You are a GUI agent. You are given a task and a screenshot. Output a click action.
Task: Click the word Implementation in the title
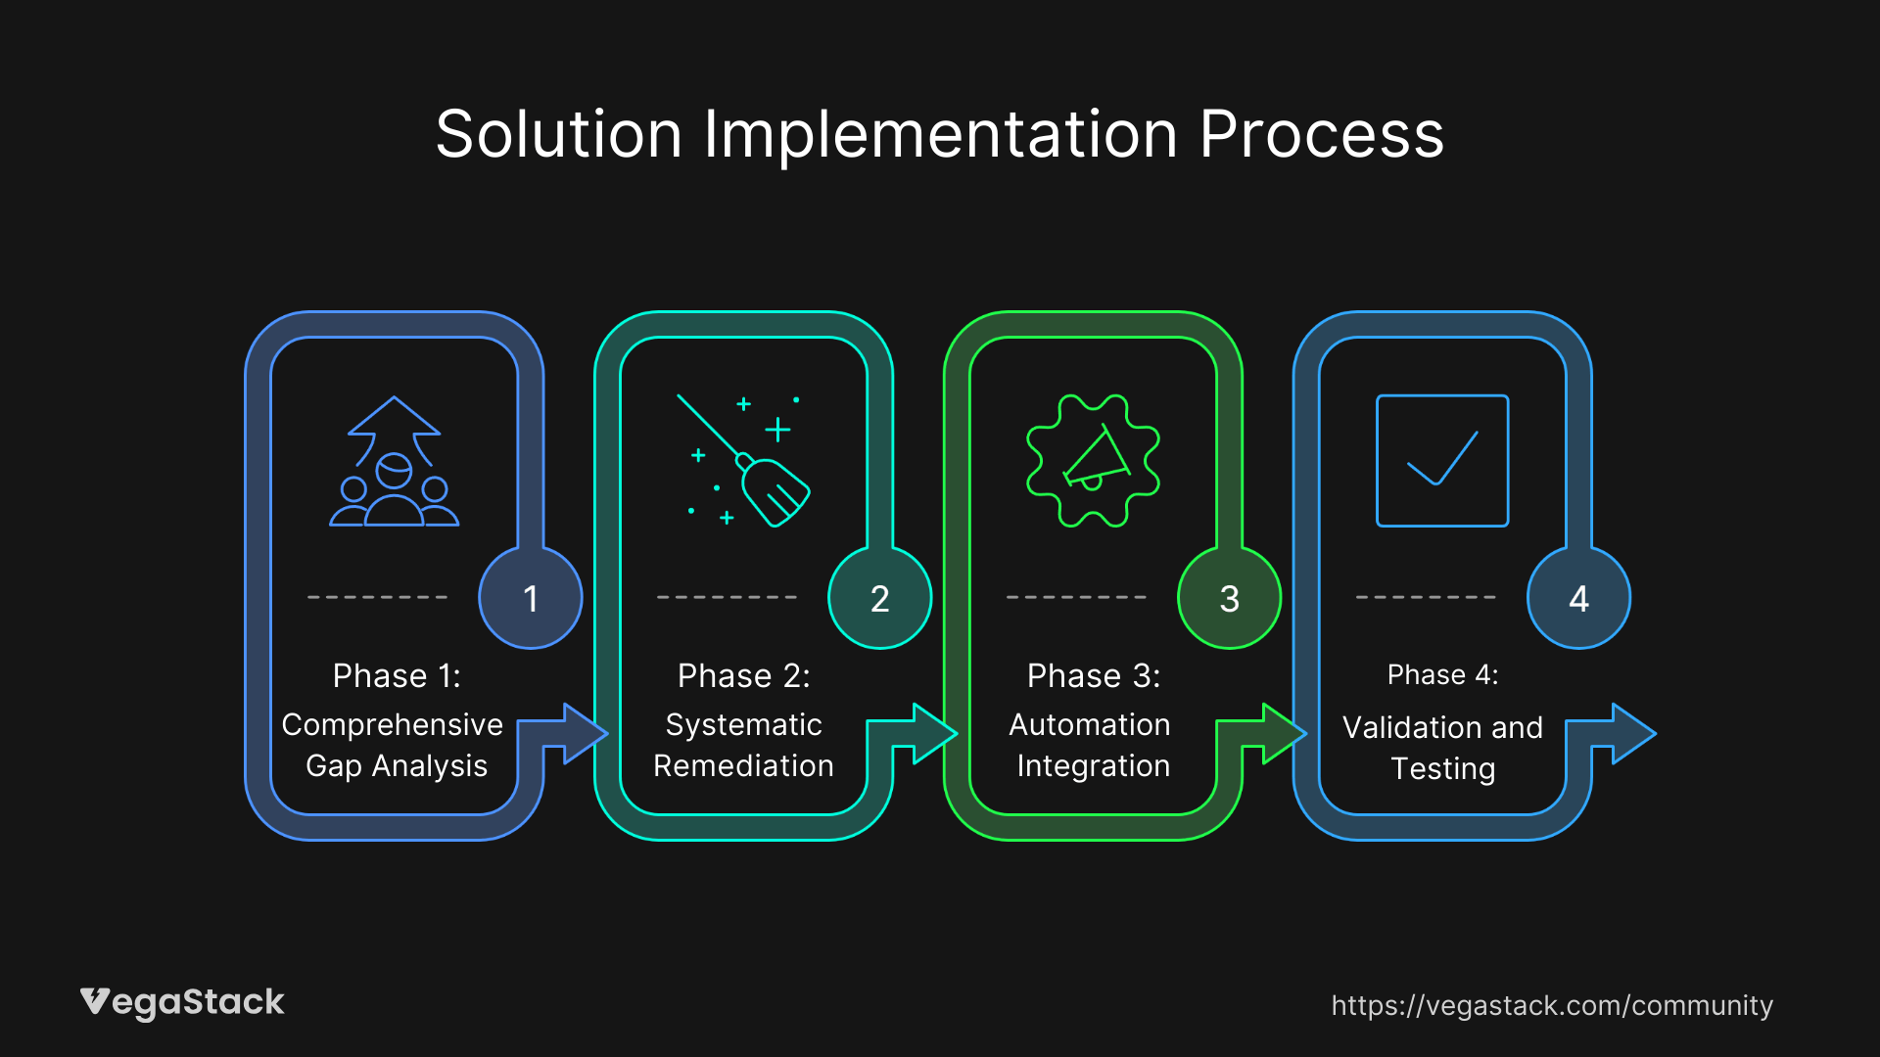coord(940,135)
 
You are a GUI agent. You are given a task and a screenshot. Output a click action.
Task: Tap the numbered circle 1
coord(530,598)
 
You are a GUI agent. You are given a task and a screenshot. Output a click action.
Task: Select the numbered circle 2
coord(879,598)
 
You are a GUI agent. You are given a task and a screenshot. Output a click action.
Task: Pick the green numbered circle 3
coord(1229,598)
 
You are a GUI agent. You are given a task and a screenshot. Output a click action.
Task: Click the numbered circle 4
coord(1578,598)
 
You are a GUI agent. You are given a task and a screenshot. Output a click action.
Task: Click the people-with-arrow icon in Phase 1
coord(395,462)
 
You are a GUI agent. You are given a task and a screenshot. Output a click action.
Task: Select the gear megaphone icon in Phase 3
coord(1093,461)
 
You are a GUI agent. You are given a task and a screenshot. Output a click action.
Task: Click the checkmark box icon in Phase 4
coord(1442,461)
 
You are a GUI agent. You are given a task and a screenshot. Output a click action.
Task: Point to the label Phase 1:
coord(397,676)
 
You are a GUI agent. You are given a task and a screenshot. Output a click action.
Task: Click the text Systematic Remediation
coord(743,745)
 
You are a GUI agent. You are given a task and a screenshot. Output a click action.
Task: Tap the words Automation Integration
coord(1092,745)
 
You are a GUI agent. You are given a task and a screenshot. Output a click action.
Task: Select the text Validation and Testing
coord(1442,748)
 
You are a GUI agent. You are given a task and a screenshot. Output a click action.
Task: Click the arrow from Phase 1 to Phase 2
coord(578,733)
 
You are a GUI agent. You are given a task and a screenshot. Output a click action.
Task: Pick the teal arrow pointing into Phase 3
coord(927,733)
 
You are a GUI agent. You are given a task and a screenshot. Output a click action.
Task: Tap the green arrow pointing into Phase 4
coord(1277,733)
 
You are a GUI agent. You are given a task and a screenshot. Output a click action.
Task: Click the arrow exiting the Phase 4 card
coord(1626,733)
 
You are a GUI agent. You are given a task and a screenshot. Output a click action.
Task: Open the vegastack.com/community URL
coord(1552,1005)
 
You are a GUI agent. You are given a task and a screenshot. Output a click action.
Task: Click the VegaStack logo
coord(182,1002)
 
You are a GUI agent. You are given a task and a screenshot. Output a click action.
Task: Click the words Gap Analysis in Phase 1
coord(397,766)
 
